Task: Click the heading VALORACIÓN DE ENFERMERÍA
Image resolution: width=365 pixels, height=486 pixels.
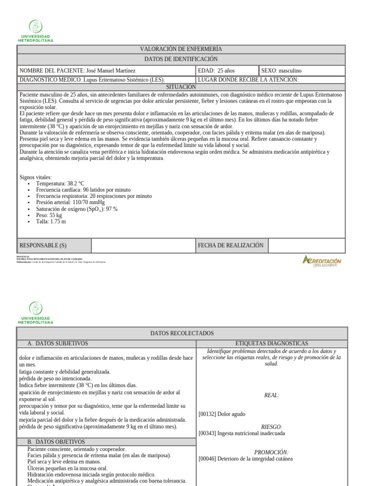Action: point(181,49)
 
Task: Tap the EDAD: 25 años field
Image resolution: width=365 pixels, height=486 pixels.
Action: point(216,71)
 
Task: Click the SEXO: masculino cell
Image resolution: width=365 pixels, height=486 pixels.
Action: point(281,71)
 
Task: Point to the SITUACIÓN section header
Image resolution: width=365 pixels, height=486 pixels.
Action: point(181,87)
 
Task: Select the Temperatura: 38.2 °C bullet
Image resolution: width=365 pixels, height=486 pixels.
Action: point(60,183)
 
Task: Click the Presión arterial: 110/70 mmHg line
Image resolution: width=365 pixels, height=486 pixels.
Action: point(70,202)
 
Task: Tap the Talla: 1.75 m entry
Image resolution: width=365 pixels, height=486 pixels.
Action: point(51,221)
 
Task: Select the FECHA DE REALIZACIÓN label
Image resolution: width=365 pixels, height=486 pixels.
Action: point(231,245)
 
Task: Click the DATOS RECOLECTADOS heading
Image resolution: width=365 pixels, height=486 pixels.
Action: point(182,334)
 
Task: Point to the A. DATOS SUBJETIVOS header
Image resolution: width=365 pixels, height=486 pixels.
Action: point(58,343)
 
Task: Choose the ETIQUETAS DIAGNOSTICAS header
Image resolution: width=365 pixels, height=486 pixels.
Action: point(271,343)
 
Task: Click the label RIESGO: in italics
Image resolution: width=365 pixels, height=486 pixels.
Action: point(271,427)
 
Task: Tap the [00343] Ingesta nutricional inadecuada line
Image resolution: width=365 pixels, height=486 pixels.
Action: point(242,433)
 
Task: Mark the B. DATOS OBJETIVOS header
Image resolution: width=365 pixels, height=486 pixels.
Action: point(56,442)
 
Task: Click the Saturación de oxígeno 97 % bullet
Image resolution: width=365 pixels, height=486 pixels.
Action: point(77,209)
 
